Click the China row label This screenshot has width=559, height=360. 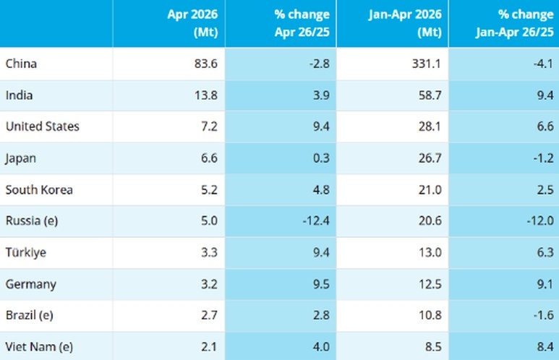point(21,64)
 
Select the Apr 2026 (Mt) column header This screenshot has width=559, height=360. point(192,23)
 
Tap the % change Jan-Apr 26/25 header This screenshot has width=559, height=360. point(514,23)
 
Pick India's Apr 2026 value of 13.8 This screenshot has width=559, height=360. point(206,95)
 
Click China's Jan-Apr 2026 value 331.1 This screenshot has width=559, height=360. point(427,64)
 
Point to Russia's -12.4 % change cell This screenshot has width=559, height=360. point(316,220)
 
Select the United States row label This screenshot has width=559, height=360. point(43,127)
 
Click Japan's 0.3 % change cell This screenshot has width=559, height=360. point(321,158)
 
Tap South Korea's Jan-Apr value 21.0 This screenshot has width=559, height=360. point(430,189)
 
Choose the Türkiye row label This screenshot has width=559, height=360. point(25,252)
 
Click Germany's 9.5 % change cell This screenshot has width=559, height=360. point(321,284)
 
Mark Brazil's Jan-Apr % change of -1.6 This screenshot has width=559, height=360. point(544,315)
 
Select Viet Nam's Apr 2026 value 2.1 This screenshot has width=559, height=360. point(209,346)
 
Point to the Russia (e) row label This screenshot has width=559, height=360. point(32,221)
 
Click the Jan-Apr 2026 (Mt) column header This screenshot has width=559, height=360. point(406,23)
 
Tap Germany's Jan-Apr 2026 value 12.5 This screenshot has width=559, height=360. point(430,284)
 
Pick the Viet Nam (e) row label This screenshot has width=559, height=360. point(39,347)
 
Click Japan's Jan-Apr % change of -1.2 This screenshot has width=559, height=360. point(544,158)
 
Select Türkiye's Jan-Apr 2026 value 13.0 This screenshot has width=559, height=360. point(430,252)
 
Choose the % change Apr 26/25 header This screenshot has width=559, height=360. point(302,23)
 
